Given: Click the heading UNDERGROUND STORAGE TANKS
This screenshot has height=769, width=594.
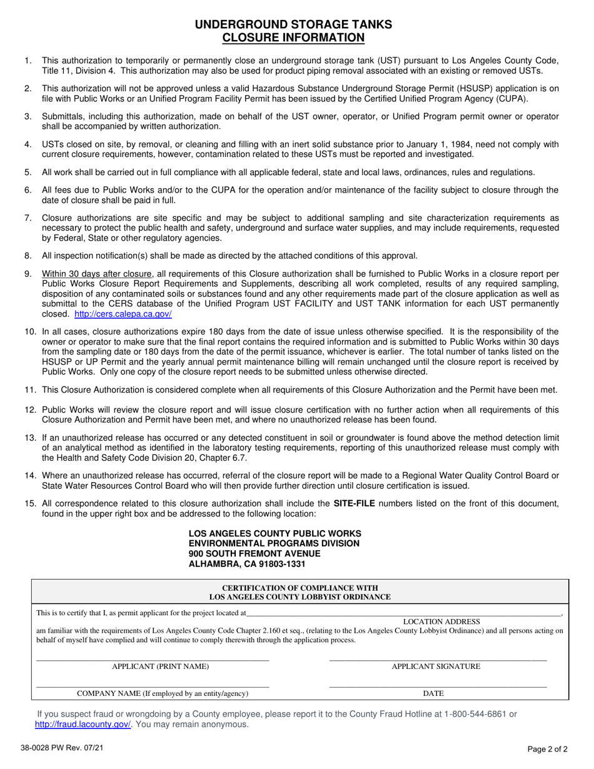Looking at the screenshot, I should (293, 24).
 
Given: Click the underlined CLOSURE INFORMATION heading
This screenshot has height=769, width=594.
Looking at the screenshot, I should (293, 38).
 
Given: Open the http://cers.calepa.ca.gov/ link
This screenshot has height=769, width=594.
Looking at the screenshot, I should (123, 314).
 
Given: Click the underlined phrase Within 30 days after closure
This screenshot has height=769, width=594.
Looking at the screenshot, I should (97, 274).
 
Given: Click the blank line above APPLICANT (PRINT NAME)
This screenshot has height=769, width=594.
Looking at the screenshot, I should (153, 659).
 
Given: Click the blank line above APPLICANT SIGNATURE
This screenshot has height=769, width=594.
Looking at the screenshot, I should (437, 659).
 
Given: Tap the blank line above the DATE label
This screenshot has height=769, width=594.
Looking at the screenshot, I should (437, 686).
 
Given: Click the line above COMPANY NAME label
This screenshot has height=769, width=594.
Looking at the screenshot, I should (153, 686).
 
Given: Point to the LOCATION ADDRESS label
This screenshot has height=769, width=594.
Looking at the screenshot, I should (441, 621).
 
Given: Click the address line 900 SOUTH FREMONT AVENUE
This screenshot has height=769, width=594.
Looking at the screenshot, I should (254, 553).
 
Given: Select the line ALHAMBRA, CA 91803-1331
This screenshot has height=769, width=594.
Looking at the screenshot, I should (247, 564).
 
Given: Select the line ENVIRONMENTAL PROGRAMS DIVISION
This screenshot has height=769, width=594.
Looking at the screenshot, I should (274, 543).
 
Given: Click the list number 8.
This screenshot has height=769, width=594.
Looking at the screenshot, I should (28, 255).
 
